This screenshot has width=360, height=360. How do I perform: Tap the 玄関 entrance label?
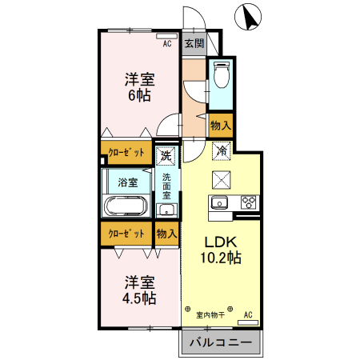point(194,43)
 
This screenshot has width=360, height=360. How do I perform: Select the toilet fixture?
point(220,77)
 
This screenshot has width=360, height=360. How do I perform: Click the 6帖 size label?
point(139,95)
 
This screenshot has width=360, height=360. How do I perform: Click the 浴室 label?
point(128,182)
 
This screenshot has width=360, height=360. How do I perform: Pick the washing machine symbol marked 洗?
point(166,154)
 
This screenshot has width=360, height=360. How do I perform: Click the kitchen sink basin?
point(220,202)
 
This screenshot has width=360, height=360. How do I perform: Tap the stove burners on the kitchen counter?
point(248,202)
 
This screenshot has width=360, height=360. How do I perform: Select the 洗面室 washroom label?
point(166,186)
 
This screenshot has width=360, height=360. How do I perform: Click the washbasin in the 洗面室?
point(166,210)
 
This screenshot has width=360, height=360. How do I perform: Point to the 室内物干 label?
point(210,314)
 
